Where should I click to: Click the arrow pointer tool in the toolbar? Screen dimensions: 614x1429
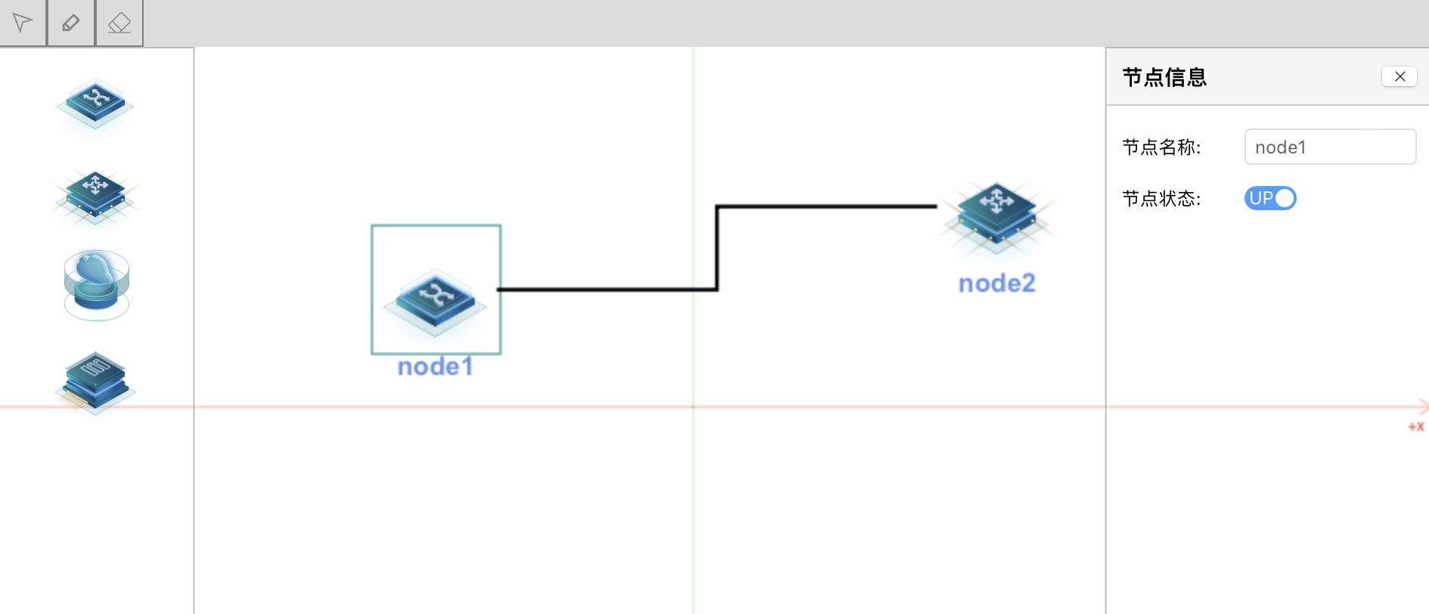click(23, 23)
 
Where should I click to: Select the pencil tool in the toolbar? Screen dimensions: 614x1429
click(71, 23)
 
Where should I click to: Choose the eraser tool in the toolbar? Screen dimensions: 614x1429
click(119, 23)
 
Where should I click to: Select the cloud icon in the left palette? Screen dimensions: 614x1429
click(96, 284)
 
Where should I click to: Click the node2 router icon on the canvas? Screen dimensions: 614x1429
click(997, 216)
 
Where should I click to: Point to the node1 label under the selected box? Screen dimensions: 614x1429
click(436, 367)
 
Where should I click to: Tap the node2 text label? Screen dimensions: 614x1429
click(997, 283)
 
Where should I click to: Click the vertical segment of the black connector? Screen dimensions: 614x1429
click(717, 248)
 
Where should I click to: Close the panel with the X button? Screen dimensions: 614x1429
click(1400, 76)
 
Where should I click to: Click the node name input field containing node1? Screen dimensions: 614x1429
click(1330, 147)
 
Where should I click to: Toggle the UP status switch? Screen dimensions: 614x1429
click(1270, 198)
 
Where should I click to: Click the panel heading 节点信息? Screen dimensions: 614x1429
click(1164, 77)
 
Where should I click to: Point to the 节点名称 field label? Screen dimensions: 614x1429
click(1161, 147)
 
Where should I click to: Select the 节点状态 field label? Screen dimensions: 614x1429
click(1161, 198)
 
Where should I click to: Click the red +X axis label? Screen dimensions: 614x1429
click(1415, 426)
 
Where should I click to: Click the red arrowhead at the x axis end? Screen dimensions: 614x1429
click(1424, 407)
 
